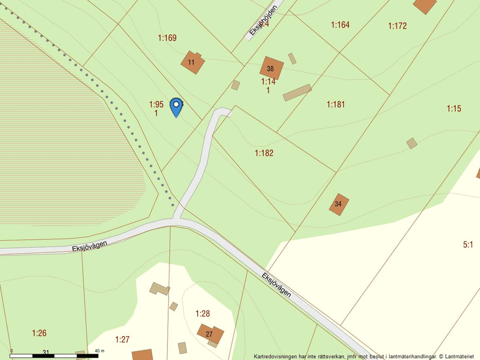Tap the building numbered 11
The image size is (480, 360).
pos(192,62)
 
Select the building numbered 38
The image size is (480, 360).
pos(271,68)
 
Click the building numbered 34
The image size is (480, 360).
pos(339,204)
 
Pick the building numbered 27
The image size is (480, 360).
pos(210,334)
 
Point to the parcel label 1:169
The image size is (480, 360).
pos(167,38)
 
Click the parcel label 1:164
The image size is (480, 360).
pos(340,25)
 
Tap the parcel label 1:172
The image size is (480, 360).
pos(397,26)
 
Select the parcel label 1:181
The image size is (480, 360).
pos(336,105)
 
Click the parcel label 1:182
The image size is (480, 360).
pos(264,153)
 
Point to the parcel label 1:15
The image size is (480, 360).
pos(454,109)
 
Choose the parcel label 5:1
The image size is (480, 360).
pos(468,245)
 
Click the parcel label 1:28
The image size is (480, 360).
pos(202,313)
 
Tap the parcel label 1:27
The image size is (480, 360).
pos(122,340)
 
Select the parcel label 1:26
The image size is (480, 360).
pos(39,333)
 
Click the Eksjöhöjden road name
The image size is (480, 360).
pos(262,22)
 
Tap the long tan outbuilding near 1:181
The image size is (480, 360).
pos(297,92)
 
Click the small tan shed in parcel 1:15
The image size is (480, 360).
pos(411,143)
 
